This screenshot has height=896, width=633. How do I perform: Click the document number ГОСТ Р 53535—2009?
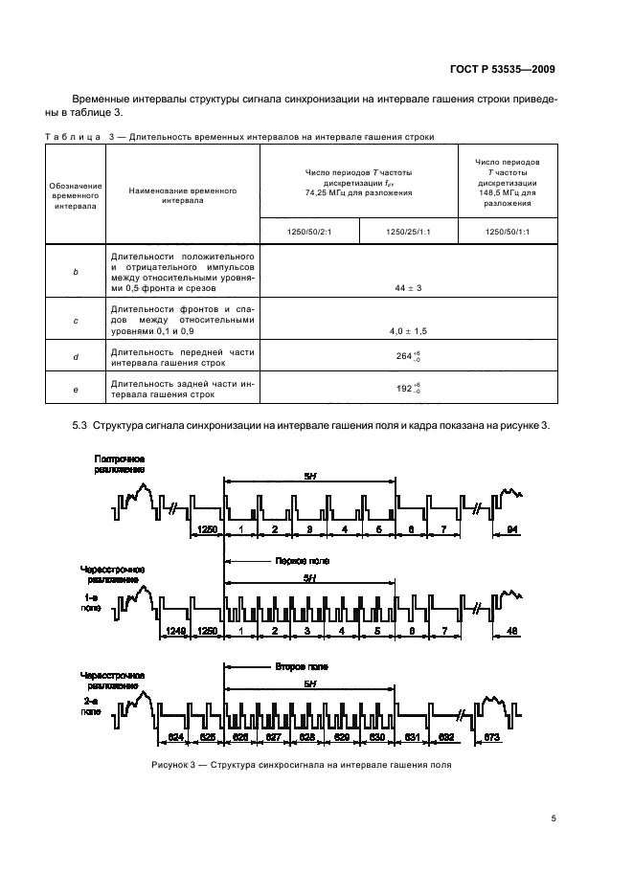click(x=506, y=69)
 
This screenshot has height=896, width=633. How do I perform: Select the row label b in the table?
click(x=76, y=273)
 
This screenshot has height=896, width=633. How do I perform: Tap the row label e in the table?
click(x=76, y=390)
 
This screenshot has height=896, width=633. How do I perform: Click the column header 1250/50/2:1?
click(x=308, y=232)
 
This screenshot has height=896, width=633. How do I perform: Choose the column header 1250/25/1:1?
click(x=408, y=232)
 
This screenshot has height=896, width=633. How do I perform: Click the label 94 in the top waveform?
click(x=512, y=529)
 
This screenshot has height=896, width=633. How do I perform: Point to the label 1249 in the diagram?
click(x=173, y=631)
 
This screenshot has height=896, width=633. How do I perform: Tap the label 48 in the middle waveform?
click(x=512, y=631)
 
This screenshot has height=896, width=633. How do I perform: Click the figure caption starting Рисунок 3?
click(x=301, y=765)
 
